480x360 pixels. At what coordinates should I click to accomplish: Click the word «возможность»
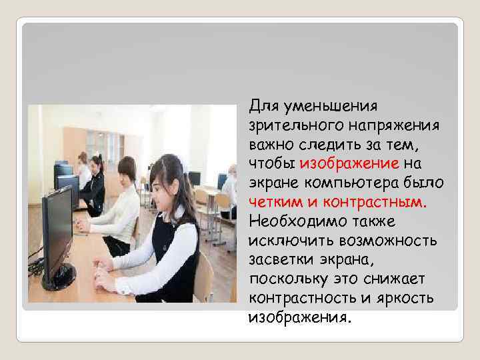coord(381,239)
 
